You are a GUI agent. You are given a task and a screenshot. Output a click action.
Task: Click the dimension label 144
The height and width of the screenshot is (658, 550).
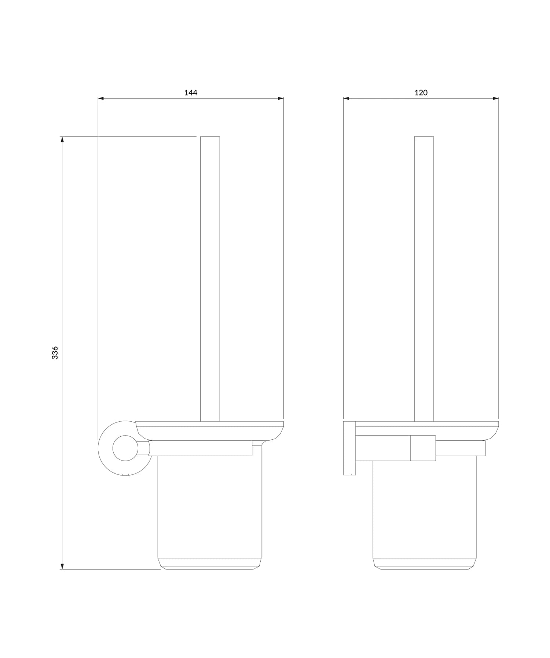click(x=191, y=93)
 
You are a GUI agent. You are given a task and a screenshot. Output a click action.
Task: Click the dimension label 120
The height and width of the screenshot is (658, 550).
click(x=421, y=93)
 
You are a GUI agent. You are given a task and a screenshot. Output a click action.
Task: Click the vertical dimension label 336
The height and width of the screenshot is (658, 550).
click(x=55, y=352)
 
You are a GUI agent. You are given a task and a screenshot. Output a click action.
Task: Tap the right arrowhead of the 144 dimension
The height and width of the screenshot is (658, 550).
click(x=280, y=98)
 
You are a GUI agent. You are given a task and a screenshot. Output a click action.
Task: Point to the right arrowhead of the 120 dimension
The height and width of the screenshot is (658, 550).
click(x=496, y=98)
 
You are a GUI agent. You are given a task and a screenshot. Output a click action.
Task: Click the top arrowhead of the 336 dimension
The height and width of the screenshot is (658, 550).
click(x=62, y=140)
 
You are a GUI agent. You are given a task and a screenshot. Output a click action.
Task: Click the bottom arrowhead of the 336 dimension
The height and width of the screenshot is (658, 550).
click(x=62, y=566)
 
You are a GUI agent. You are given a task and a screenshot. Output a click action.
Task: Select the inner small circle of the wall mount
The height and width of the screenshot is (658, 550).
click(x=125, y=448)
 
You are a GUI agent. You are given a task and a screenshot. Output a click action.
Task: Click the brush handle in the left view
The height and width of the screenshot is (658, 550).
click(x=210, y=278)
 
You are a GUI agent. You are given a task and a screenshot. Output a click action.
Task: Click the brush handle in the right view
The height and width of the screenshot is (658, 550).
click(x=424, y=278)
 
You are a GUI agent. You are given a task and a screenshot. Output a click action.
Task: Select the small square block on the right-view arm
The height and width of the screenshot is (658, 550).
click(x=423, y=448)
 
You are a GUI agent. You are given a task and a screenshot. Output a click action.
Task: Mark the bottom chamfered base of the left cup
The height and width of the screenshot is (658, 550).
click(x=209, y=564)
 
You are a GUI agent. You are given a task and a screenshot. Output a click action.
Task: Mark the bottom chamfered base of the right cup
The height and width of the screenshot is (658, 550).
click(x=425, y=564)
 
